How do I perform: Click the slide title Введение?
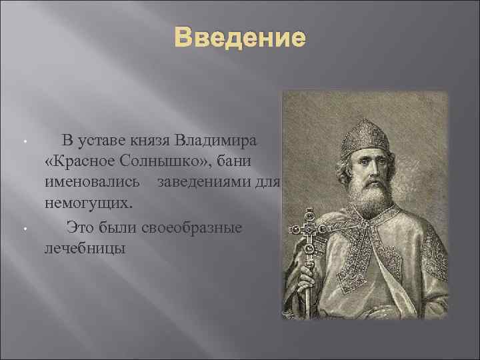[239, 37]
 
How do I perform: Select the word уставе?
[103, 141]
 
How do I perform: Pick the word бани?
[234, 161]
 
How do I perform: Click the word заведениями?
[208, 181]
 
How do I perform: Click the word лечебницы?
[84, 248]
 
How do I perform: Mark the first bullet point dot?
[24, 142]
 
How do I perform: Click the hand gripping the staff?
[309, 275]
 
